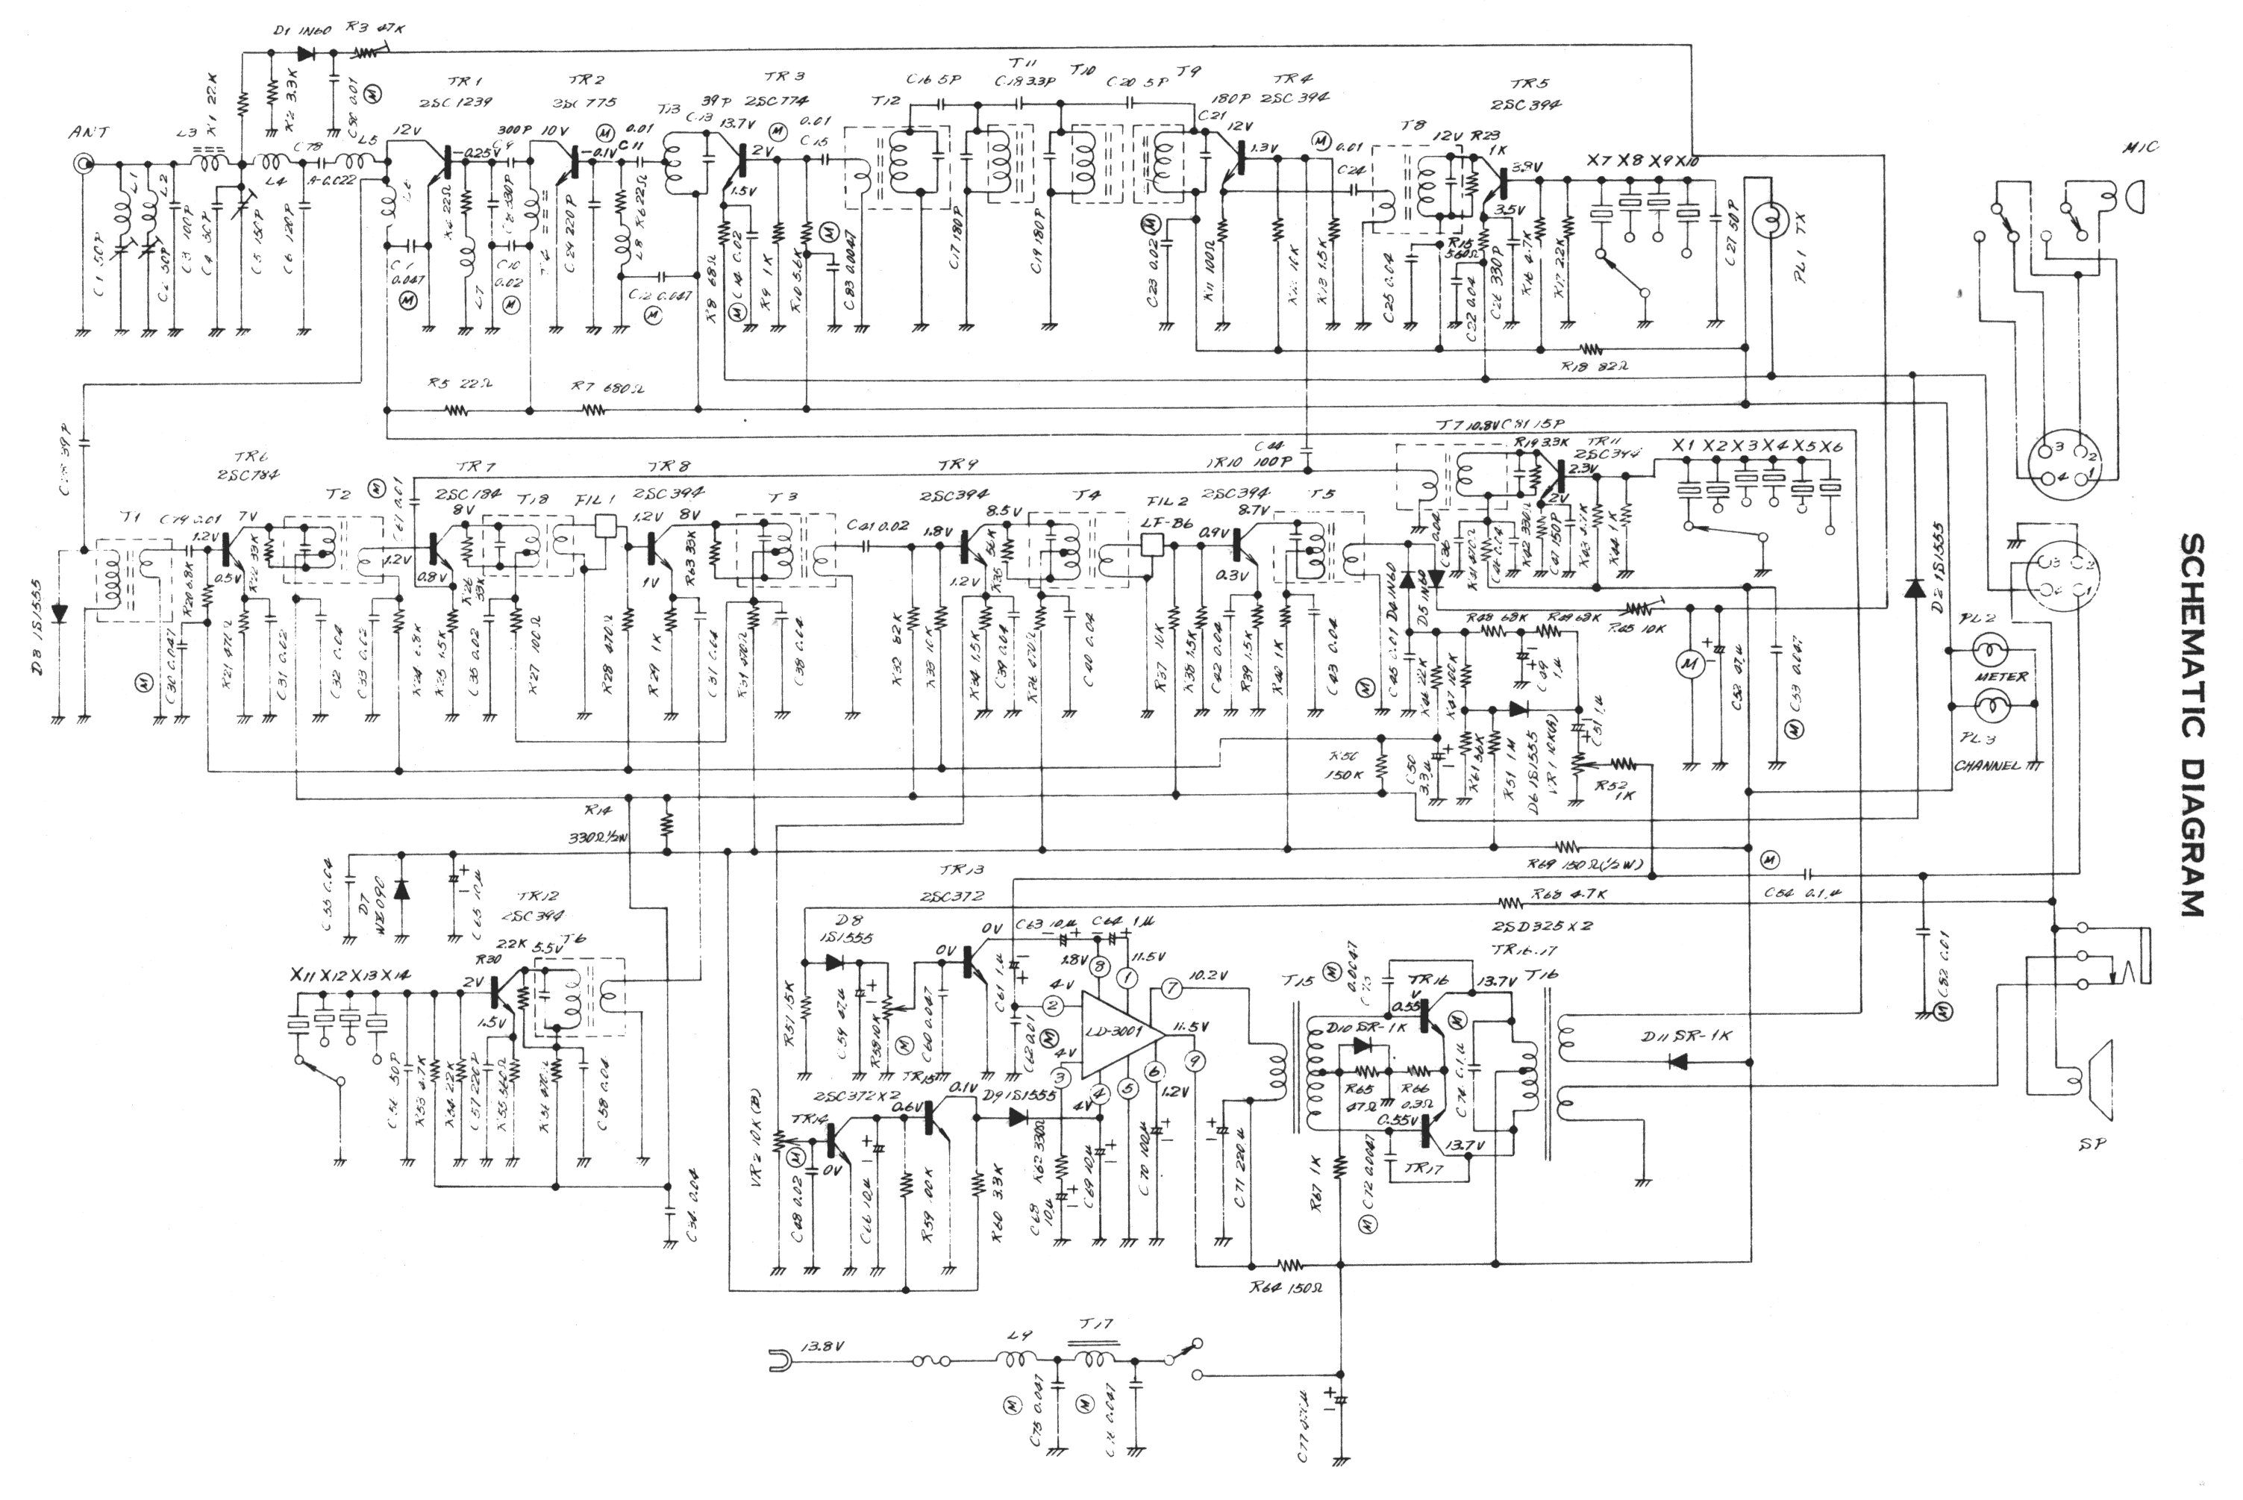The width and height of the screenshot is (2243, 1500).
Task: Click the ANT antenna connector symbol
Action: pyautogui.click(x=84, y=163)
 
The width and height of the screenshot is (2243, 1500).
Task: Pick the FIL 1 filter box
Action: pyautogui.click(x=605, y=525)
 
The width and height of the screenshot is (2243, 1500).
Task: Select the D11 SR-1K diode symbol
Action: pyautogui.click(x=1677, y=1061)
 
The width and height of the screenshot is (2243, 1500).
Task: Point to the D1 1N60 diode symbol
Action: pyautogui.click(x=306, y=54)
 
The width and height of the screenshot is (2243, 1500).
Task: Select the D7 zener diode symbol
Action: pyautogui.click(x=401, y=889)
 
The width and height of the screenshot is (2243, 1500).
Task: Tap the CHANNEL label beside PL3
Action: pyautogui.click(x=1986, y=766)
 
